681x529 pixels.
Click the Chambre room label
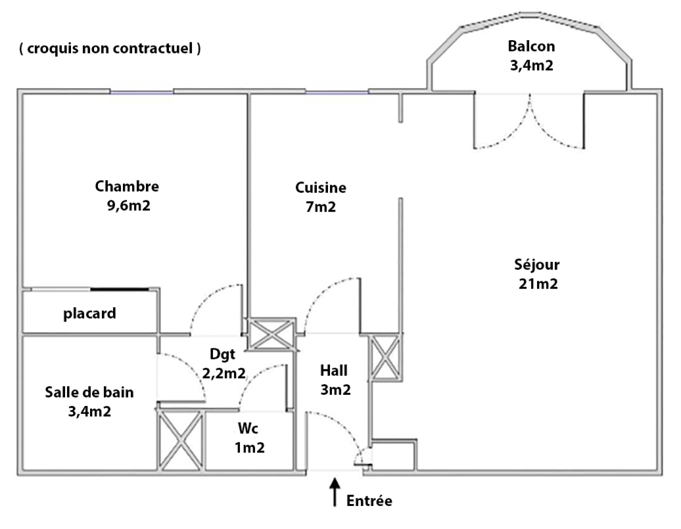pos(127,186)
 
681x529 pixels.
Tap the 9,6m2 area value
pos(128,206)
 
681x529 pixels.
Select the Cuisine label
pos(321,188)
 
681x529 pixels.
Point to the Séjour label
pos(537,265)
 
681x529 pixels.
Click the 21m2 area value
pos(538,284)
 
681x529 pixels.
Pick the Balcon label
pos(532,46)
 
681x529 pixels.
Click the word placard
pos(90,313)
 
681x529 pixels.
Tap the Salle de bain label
pos(89,392)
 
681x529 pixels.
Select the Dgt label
pos(222,355)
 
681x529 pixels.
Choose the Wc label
pos(248,428)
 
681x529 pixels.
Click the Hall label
pos(334,370)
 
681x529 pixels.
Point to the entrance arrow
pos(335,492)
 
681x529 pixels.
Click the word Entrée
pos(369,501)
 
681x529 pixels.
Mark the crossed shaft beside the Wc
pos(181,441)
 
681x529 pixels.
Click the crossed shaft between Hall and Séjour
pos(385,358)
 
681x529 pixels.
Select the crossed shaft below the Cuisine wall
pos(272,334)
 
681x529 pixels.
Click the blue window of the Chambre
pos(141,93)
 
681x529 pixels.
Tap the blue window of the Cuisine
pos(337,93)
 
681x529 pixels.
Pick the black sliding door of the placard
pos(120,289)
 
